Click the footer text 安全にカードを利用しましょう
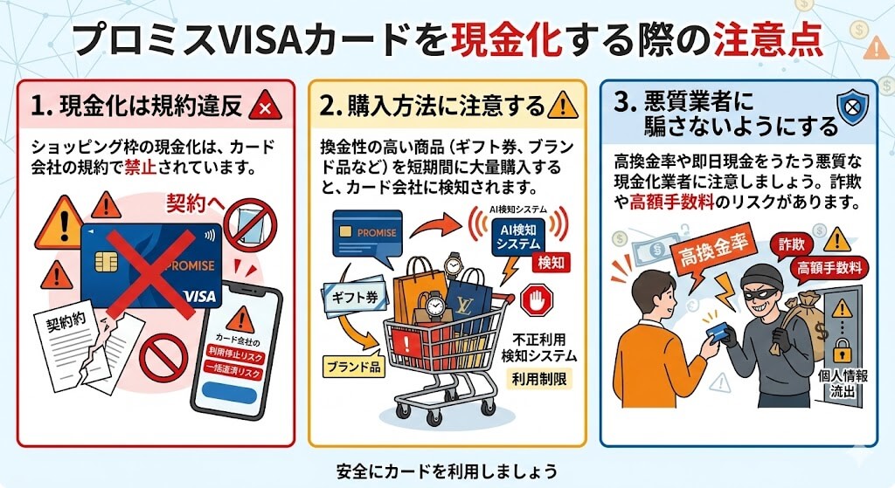447,471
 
